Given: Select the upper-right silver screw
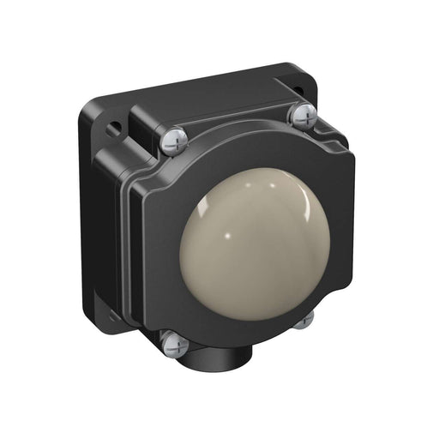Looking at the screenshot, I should (x=303, y=113).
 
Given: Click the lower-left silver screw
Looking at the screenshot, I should (x=175, y=343).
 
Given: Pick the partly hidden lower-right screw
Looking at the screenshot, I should (x=304, y=320).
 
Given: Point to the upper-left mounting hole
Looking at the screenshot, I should (x=111, y=129).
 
